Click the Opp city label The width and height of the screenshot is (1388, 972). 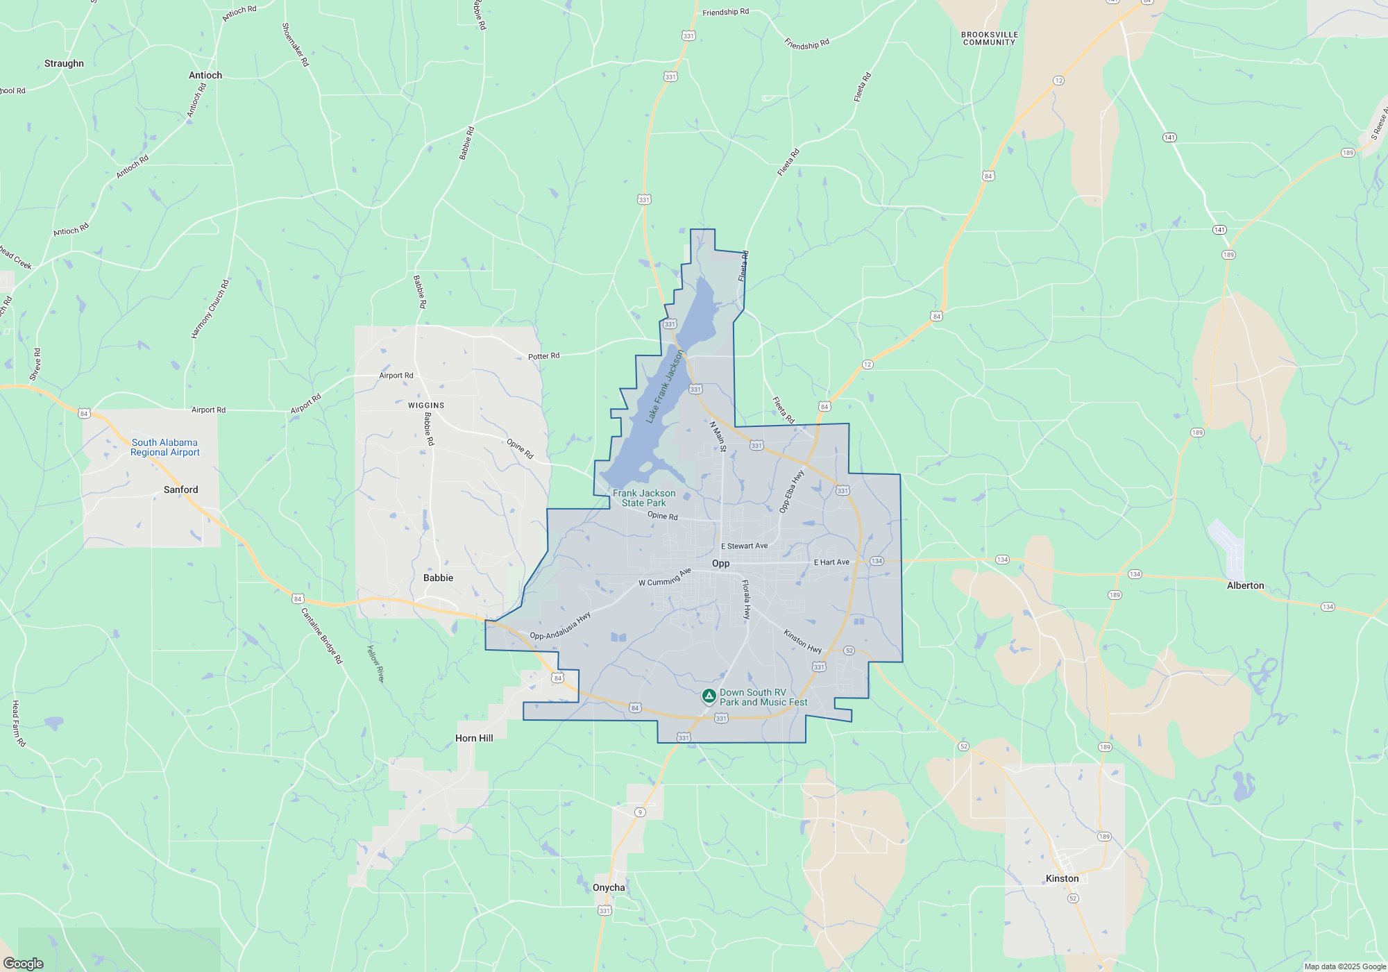[720, 564]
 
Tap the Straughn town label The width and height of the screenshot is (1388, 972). [64, 64]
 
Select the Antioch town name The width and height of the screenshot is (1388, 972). [205, 76]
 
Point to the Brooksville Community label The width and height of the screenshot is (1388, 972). [990, 39]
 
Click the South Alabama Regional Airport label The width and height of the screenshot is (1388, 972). [164, 448]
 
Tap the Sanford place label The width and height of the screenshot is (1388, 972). [180, 490]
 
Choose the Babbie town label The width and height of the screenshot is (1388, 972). [438, 578]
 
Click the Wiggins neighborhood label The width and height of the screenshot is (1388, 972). [426, 405]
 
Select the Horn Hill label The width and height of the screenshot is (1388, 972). [474, 739]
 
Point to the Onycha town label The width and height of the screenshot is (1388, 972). [609, 888]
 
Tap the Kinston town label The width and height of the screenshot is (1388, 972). [1062, 879]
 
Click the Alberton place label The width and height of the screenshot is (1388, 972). [1245, 586]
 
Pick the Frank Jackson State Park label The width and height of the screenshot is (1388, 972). [644, 498]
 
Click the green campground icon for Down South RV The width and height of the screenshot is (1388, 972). [709, 696]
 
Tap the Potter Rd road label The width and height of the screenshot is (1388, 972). [543, 357]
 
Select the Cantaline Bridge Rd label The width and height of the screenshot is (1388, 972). [322, 636]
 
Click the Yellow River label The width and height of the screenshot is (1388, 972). [375, 664]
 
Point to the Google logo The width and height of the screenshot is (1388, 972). [24, 964]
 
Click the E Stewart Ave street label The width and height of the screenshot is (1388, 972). [744, 546]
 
